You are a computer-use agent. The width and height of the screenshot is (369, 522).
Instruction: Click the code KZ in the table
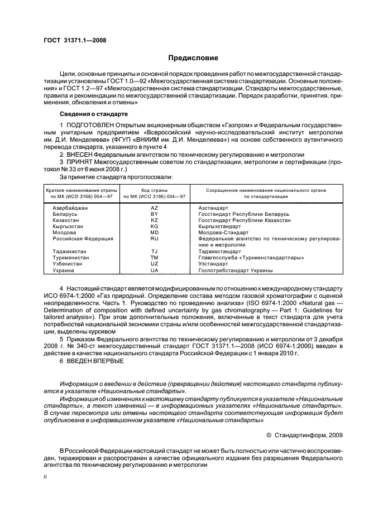[155, 220]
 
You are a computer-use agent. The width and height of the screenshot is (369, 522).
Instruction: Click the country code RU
[155, 238]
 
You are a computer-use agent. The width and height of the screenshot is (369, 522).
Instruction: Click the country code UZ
[155, 263]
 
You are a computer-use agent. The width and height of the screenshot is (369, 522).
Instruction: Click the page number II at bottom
[46, 477]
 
